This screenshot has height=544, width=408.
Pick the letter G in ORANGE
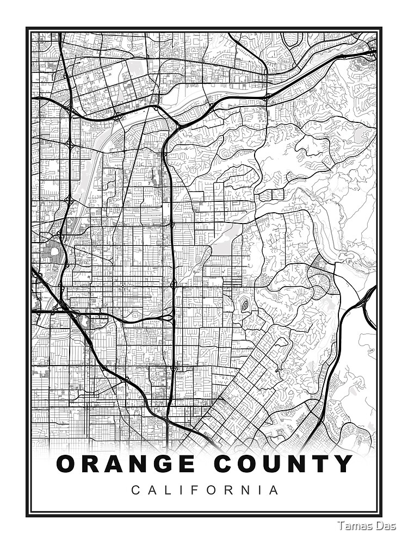(x=165, y=464)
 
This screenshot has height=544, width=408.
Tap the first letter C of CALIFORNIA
(x=135, y=490)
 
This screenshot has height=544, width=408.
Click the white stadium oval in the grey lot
(x=53, y=251)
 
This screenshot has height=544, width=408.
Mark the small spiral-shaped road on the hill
(x=245, y=306)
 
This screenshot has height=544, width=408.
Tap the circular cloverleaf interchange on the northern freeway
(x=118, y=115)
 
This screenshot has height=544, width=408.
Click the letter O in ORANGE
(x=67, y=464)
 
